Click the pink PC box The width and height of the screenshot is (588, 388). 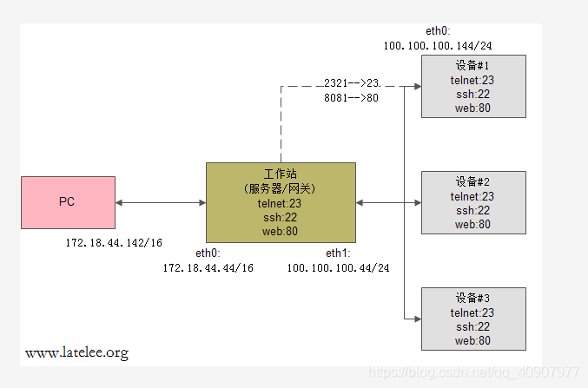(x=67, y=202)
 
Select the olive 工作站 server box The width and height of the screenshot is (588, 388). (x=281, y=202)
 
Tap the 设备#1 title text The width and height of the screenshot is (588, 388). (x=472, y=66)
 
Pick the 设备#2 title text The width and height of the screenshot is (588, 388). (x=472, y=182)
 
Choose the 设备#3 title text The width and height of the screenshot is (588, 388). (x=472, y=299)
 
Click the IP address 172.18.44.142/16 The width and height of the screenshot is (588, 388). (x=114, y=243)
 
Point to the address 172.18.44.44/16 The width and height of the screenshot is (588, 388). (x=208, y=268)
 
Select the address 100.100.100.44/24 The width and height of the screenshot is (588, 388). (x=338, y=268)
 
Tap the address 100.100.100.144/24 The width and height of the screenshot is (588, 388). (x=438, y=45)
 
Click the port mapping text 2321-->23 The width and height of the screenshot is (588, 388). (x=352, y=82)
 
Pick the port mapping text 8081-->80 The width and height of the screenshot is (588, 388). (x=352, y=98)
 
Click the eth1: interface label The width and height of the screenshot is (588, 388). (x=338, y=253)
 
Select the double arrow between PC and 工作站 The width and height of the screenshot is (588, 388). (x=160, y=202)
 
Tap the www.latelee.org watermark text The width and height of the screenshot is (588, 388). (x=77, y=353)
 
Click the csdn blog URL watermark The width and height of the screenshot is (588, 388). (x=474, y=372)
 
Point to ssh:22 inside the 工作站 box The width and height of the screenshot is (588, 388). (x=281, y=217)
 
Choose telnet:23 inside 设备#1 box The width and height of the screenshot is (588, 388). (x=472, y=80)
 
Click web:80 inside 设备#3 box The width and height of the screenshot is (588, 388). (x=472, y=340)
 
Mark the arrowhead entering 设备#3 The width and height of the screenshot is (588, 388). (x=416, y=319)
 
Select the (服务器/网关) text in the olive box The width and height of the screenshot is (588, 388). (x=281, y=189)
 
